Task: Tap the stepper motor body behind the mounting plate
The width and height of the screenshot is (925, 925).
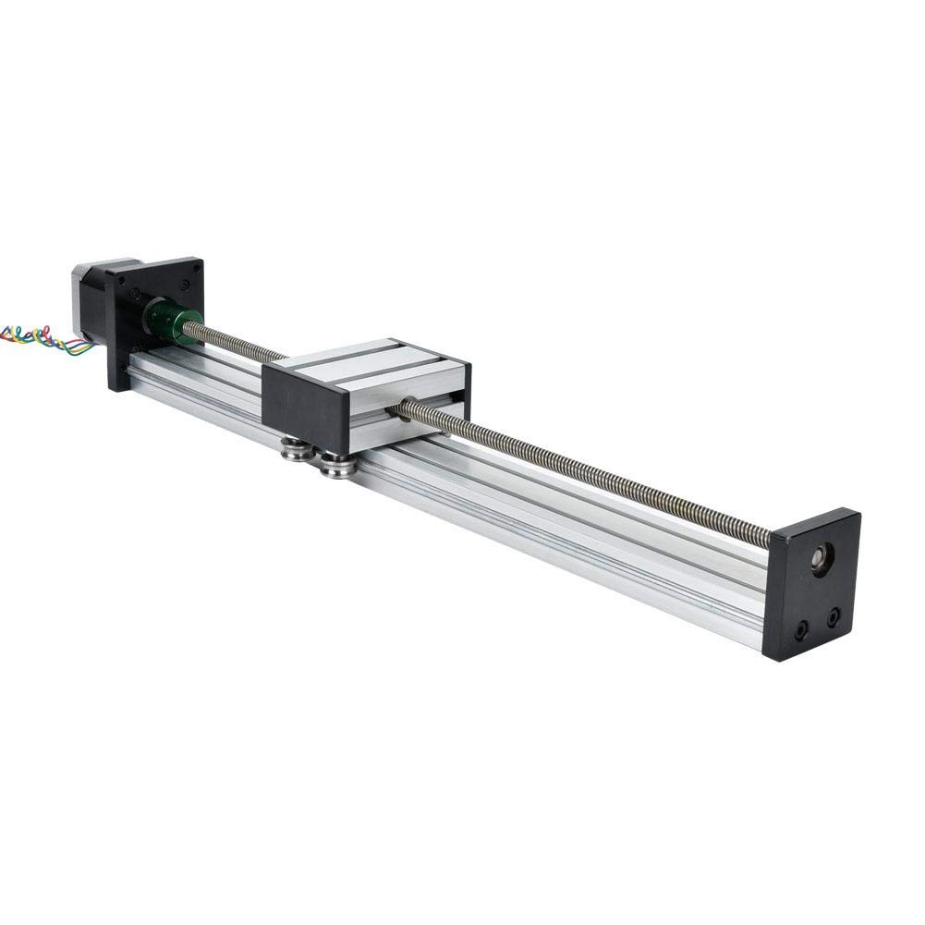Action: (91, 296)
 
